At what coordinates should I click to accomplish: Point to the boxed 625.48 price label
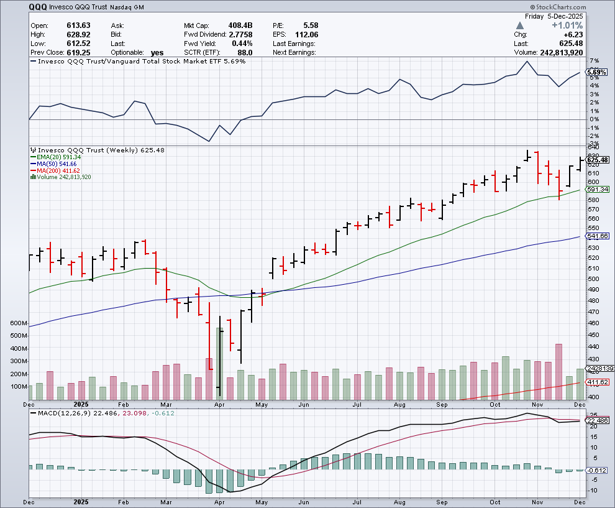(x=596, y=160)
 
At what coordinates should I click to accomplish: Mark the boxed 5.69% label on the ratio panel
(x=596, y=72)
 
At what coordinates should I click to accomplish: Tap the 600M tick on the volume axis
(x=19, y=324)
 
